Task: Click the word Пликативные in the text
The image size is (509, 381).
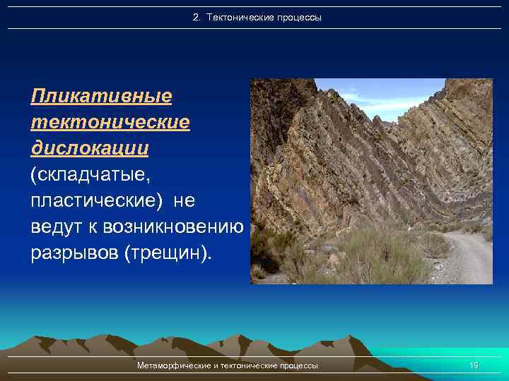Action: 102,95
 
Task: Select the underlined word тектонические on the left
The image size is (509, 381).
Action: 110,122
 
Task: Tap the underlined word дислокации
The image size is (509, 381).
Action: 90,148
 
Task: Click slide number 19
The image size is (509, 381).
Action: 474,365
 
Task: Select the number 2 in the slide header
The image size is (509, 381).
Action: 196,17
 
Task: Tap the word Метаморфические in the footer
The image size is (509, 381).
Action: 177,365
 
